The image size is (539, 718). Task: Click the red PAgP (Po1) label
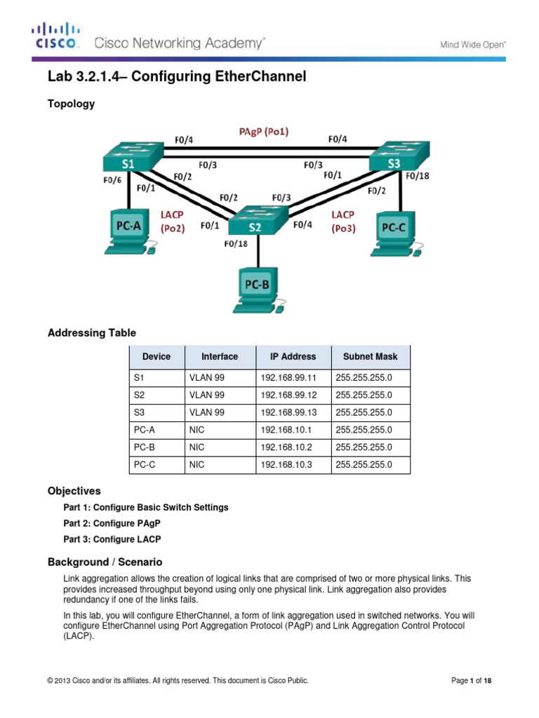(261, 131)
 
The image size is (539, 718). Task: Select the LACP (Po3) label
(342, 221)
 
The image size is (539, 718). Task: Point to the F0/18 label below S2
(236, 244)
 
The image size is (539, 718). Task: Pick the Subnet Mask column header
(370, 356)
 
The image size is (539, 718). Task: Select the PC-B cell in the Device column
(145, 447)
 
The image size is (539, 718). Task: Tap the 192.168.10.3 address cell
(286, 464)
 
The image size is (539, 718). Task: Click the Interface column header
(219, 356)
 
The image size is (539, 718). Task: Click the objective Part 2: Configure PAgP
(110, 523)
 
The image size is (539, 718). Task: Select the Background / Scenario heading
(105, 562)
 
